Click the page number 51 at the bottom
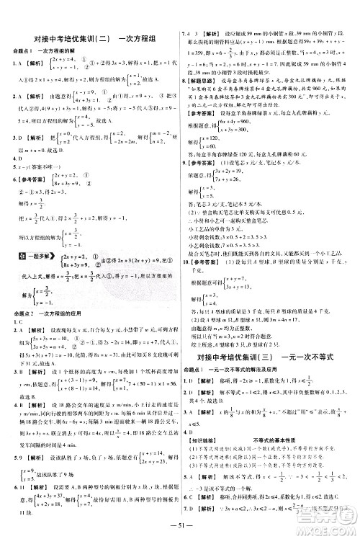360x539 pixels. pos(181,525)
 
